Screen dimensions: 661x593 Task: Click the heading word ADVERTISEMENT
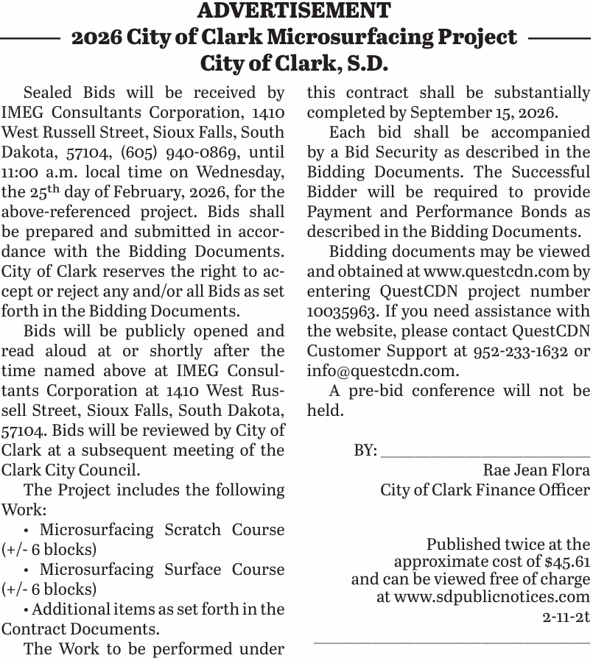(295, 11)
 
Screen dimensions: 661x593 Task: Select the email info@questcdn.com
(382, 371)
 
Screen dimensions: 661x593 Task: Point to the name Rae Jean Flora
(536, 470)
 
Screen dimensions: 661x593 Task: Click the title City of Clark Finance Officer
(485, 489)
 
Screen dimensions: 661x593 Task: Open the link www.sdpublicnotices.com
(492, 597)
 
